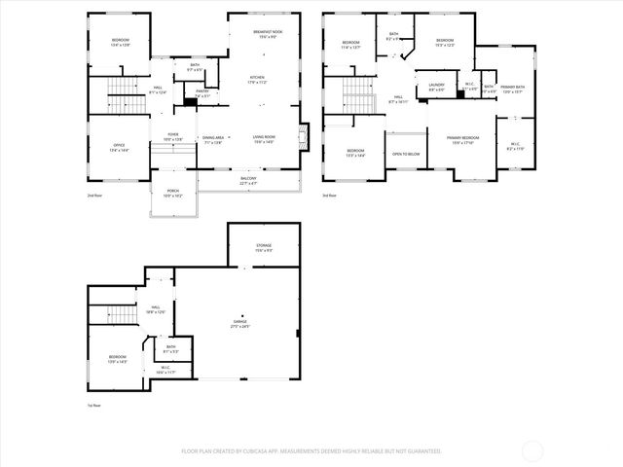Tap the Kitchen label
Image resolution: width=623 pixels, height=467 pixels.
click(x=257, y=79)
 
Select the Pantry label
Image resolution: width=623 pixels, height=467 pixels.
click(x=202, y=94)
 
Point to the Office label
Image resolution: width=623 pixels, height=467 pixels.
click(x=119, y=147)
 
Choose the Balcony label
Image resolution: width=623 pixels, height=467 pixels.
click(x=250, y=180)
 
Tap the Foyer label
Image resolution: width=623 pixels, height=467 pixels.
click(x=172, y=136)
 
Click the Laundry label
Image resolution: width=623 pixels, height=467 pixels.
click(x=436, y=87)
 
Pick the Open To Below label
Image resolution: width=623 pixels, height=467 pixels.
click(x=406, y=154)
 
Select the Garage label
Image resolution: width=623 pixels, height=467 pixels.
click(x=239, y=323)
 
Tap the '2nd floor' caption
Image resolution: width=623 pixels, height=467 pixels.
click(x=93, y=196)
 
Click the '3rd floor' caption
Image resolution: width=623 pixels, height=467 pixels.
click(x=330, y=196)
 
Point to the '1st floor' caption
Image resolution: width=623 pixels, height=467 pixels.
click(x=94, y=405)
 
